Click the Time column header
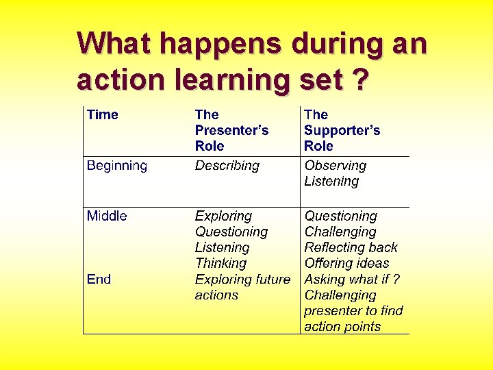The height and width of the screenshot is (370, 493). point(103,114)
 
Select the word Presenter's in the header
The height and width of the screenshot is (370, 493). point(231,130)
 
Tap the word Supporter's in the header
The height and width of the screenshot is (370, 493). point(342,130)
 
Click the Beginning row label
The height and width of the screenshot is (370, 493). point(117,165)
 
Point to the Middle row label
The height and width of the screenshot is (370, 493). point(107,216)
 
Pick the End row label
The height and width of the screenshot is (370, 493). point(99,279)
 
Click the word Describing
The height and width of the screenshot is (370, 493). point(227,165)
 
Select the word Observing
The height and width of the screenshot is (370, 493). point(336,165)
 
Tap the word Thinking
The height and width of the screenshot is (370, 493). point(220,263)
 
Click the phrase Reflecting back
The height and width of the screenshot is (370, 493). point(351,247)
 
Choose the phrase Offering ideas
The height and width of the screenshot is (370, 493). point(346,263)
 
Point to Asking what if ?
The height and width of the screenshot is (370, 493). point(352,279)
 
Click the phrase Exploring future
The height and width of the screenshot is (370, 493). point(242,279)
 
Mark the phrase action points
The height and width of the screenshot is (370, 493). point(342,326)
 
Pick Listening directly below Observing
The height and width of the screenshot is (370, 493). point(331,181)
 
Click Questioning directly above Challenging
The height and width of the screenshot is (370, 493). point(341,216)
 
